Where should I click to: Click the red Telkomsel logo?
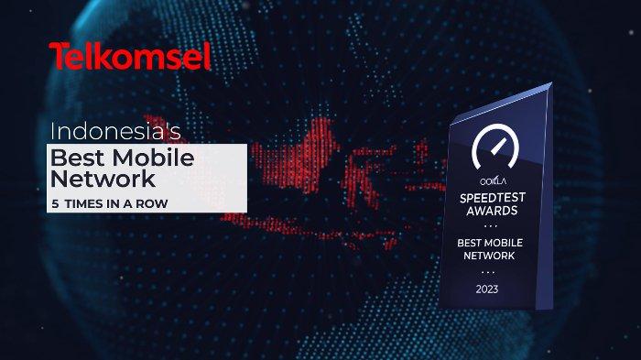[x=130, y=57]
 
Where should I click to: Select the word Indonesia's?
[x=115, y=130]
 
